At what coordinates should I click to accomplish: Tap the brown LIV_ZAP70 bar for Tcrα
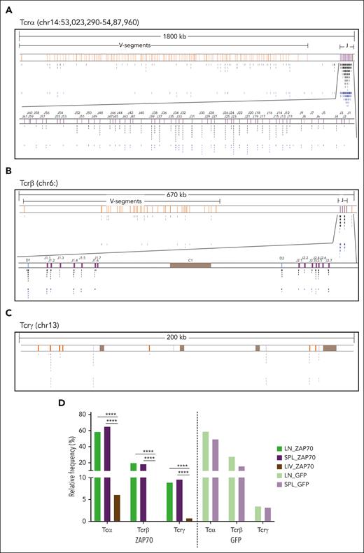point(117,508)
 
